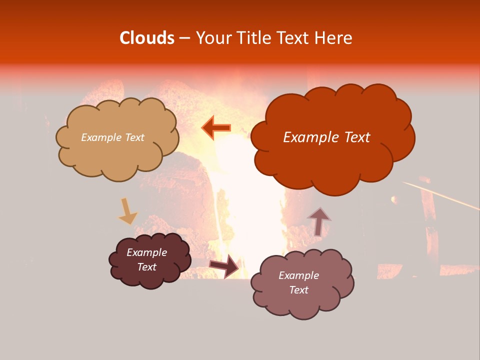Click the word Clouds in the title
click(147, 38)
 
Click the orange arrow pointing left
click(216, 127)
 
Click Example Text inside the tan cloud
click(112, 137)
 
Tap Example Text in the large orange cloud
click(326, 137)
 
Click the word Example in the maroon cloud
click(147, 252)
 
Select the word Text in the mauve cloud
click(298, 290)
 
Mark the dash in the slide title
click(184, 38)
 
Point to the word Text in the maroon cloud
click(147, 267)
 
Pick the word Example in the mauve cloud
click(298, 275)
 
